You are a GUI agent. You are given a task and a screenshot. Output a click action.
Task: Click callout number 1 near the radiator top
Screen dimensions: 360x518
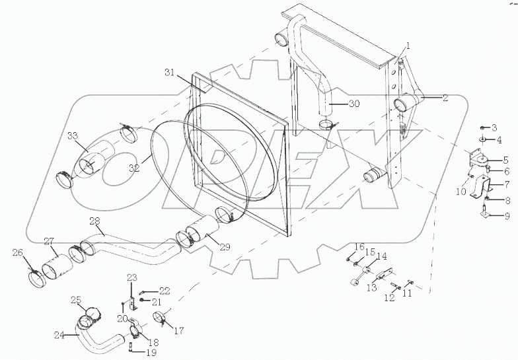coord(408,46)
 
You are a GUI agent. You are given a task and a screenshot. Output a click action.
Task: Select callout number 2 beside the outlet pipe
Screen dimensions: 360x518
coord(445,98)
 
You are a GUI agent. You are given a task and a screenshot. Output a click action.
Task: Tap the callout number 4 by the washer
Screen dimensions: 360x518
coord(499,140)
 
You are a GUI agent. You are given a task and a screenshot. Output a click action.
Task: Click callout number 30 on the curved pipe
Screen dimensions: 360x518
coord(354,104)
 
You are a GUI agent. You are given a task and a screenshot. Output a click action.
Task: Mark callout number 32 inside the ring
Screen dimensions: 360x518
coord(134,168)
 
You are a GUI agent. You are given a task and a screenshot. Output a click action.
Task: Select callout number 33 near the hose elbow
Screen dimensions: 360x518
coord(72,136)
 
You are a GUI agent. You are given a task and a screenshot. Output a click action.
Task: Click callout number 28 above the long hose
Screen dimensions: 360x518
coord(94,220)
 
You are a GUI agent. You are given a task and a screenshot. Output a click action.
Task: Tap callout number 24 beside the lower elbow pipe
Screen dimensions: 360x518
coord(59,335)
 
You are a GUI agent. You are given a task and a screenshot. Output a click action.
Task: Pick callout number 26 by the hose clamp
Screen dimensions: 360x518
coord(17,252)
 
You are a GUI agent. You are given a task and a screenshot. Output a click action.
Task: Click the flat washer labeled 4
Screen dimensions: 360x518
coord(484,140)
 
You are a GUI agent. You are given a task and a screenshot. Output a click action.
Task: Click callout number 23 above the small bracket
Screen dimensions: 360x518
coord(131,277)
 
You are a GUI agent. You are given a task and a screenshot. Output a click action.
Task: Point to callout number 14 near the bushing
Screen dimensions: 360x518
coord(382,256)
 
